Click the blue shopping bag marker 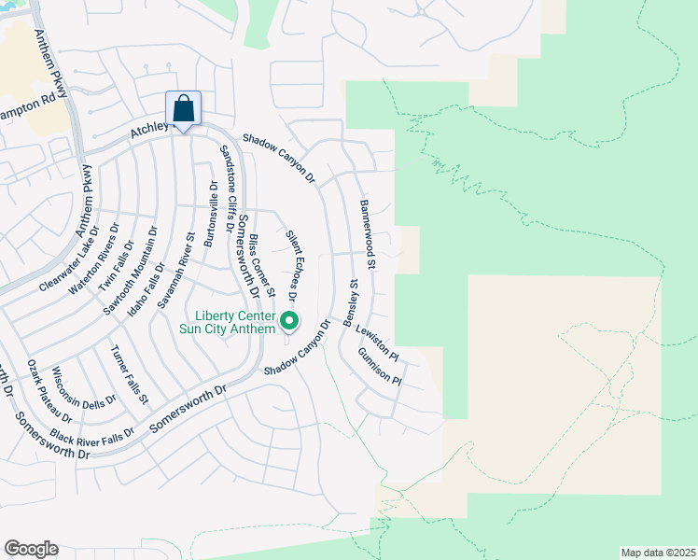pyautogui.click(x=184, y=108)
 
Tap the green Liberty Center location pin pyautogui.click(x=289, y=323)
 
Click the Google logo pyautogui.click(x=31, y=549)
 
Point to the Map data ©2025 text pyautogui.click(x=658, y=553)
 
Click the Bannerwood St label pyautogui.click(x=367, y=234)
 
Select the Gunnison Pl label pyautogui.click(x=379, y=369)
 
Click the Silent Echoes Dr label pyautogui.click(x=291, y=266)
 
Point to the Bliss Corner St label pyautogui.click(x=261, y=267)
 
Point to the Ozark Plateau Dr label pyautogui.click(x=49, y=389)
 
